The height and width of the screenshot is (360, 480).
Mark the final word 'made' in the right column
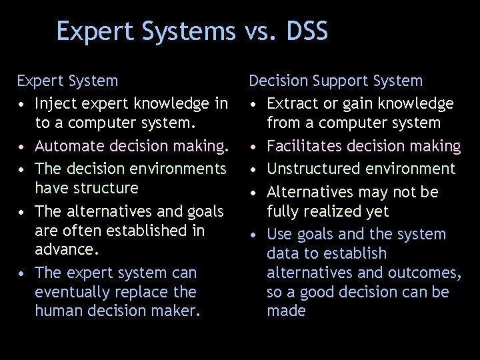286,311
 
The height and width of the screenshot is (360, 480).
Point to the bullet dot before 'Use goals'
255,235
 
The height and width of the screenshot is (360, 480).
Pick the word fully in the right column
283,211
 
